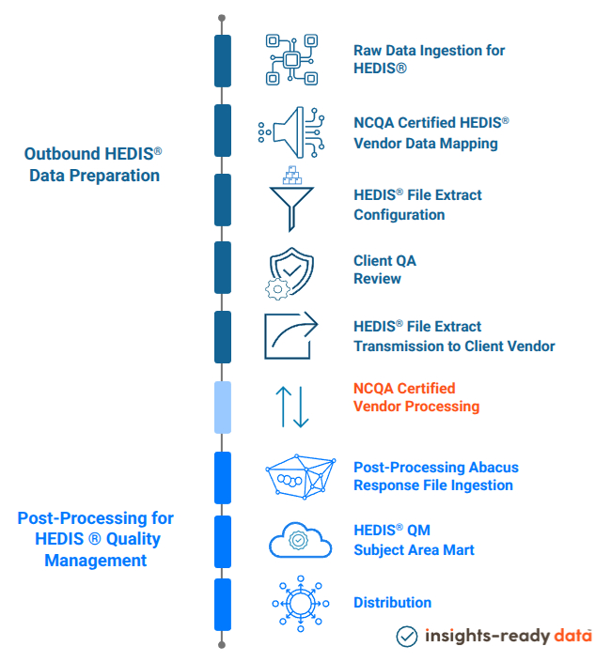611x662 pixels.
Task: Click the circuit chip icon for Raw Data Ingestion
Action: tap(292, 60)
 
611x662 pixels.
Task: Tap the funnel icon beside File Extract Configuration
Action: tap(292, 200)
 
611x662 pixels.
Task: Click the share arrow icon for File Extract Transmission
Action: tap(290, 335)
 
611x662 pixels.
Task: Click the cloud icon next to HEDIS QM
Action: tap(300, 541)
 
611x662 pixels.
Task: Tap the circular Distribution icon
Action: tap(299, 602)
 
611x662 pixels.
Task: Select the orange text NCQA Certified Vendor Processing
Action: tap(415, 397)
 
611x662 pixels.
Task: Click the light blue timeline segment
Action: tap(223, 407)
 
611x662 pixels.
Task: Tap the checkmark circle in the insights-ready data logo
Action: tap(406, 636)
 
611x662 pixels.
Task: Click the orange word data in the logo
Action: tap(572, 636)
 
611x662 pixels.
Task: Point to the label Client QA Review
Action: tap(378, 269)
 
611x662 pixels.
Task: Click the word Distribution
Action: tap(392, 603)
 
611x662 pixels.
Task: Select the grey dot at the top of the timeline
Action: tap(222, 18)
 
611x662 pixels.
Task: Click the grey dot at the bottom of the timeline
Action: tap(222, 645)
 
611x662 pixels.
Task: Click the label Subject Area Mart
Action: tap(414, 549)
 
